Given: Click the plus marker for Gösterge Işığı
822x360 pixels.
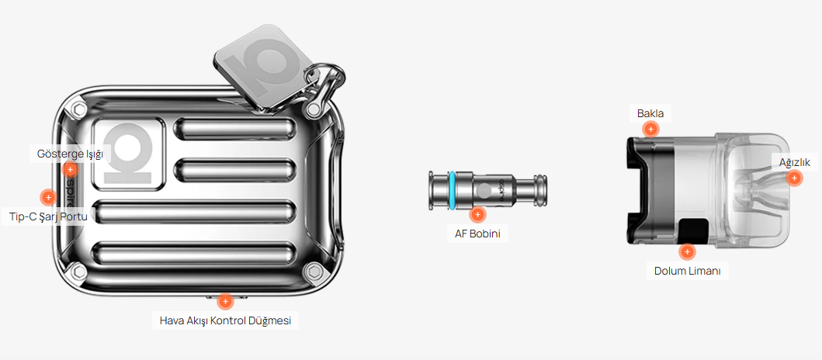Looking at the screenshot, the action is pyautogui.click(x=70, y=170).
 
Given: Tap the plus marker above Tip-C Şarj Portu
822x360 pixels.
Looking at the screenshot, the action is pyautogui.click(x=48, y=197).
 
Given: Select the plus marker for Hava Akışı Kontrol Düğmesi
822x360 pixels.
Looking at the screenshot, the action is pyautogui.click(x=225, y=301).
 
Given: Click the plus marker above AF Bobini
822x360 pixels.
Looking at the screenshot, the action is pyautogui.click(x=477, y=214).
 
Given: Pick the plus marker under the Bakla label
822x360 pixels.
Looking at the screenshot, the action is pyautogui.click(x=650, y=129).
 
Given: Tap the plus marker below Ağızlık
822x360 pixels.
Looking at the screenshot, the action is pyautogui.click(x=794, y=178).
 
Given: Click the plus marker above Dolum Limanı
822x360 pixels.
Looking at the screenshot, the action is pyautogui.click(x=687, y=251).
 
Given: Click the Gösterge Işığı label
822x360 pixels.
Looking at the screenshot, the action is pyautogui.click(x=71, y=154).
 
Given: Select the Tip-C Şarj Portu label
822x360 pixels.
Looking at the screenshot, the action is pyautogui.click(x=48, y=216).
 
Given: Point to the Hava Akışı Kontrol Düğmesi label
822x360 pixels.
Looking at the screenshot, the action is pyautogui.click(x=225, y=320).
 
